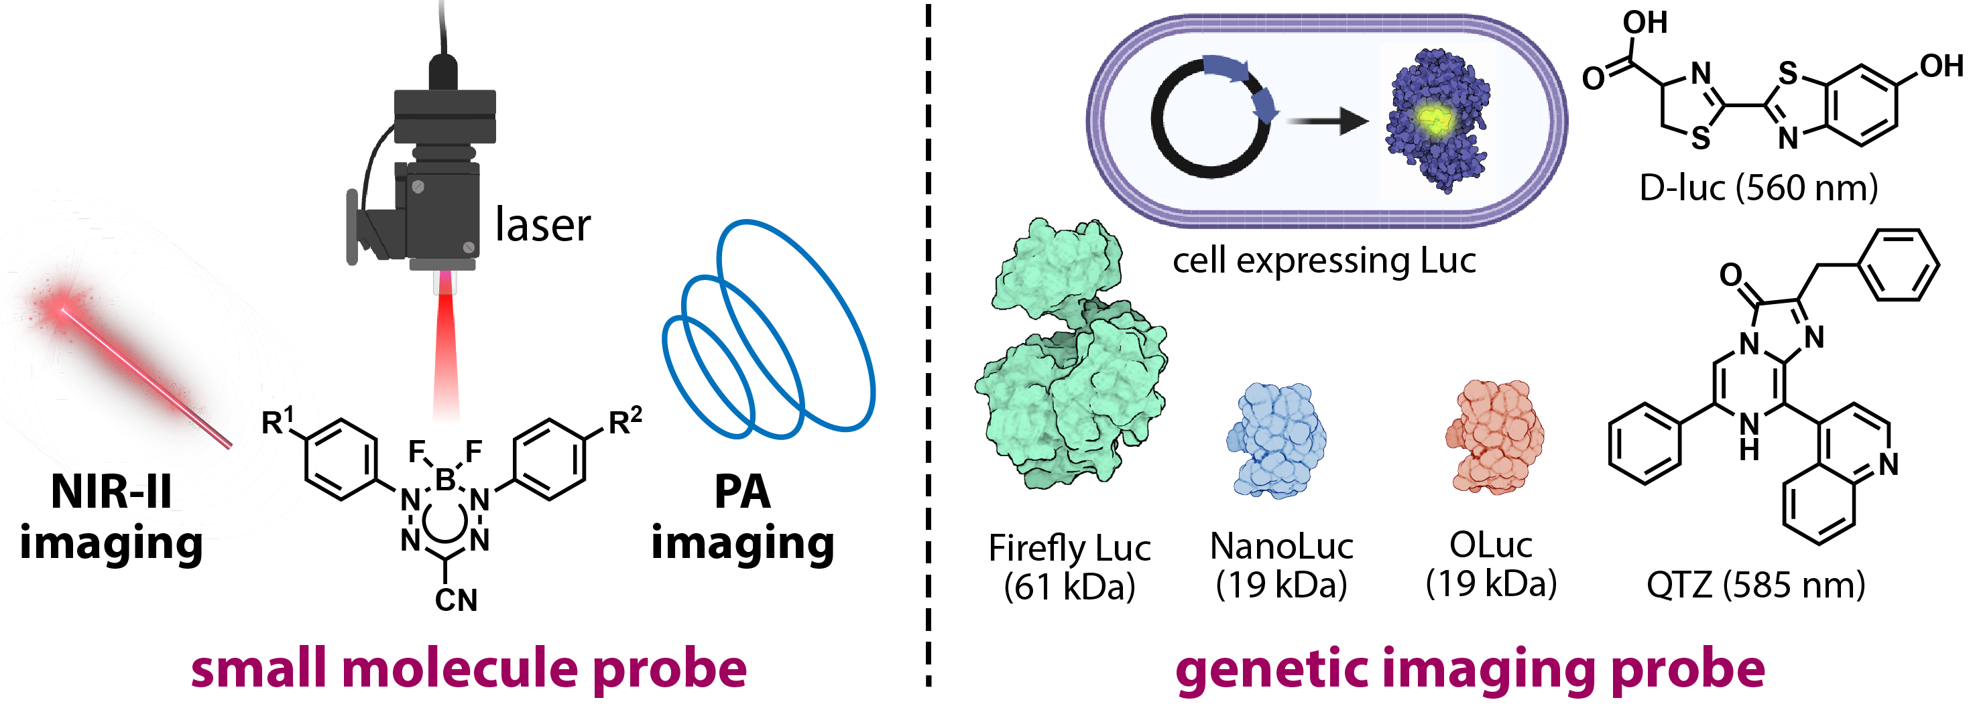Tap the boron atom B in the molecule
tap(445, 480)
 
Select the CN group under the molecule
tap(456, 599)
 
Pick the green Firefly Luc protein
tap(1070, 359)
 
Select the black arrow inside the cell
tap(1327, 121)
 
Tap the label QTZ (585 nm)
tap(1756, 585)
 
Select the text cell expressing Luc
tap(1324, 261)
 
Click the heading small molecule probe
tap(469, 668)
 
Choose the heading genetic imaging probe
tap(1470, 668)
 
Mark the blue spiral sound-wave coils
tap(768, 336)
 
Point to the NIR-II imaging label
tap(111, 517)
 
